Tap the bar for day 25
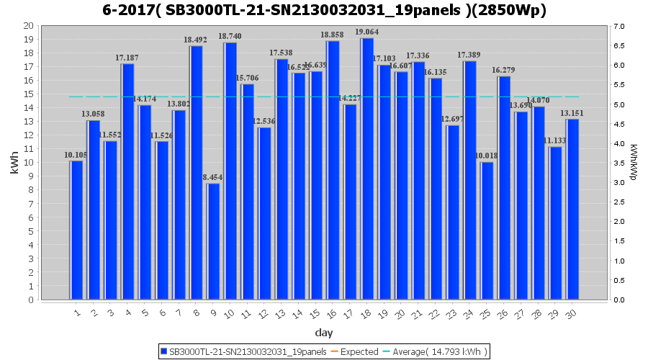coord(487,231)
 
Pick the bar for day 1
coord(76,230)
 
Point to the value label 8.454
coord(213,177)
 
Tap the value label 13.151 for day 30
coord(572,113)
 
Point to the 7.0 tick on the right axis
coord(618,27)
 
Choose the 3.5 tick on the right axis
coord(618,163)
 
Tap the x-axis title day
coord(324,333)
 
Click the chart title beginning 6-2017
coord(324,10)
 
